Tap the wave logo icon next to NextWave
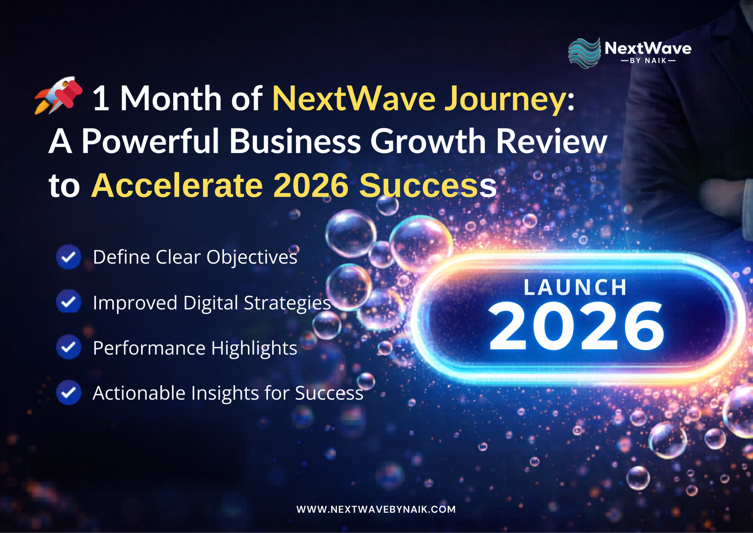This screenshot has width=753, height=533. click(584, 53)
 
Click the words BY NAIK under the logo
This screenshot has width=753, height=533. click(648, 61)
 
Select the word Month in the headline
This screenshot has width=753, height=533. click(170, 98)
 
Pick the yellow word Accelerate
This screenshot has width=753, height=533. click(176, 185)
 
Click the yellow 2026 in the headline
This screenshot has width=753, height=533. click(311, 185)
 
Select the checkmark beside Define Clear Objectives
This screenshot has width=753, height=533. click(69, 257)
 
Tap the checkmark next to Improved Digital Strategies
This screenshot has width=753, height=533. click(69, 302)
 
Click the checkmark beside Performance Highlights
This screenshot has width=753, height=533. click(69, 347)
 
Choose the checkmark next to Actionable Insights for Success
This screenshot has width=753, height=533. click(69, 393)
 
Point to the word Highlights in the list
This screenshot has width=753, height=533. click(254, 348)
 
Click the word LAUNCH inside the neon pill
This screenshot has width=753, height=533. click(575, 287)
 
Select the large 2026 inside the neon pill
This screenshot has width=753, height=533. click(576, 327)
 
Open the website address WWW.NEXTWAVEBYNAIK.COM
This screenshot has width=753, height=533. click(376, 509)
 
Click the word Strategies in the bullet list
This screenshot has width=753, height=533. click(287, 303)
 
